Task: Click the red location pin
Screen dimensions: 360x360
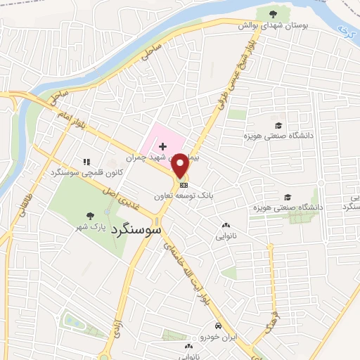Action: [180, 165]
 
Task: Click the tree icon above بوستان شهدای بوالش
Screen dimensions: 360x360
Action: [274, 13]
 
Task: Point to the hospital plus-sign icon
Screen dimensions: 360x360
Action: [163, 146]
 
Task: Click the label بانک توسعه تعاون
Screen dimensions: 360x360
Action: [186, 188]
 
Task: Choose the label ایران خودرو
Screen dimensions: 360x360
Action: [219, 337]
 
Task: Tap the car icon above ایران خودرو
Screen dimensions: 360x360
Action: [219, 327]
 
